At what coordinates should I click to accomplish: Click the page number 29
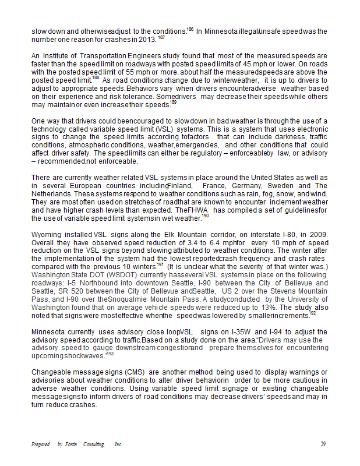[x=323, y=444]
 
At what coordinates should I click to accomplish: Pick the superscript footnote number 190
[x=205, y=216]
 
